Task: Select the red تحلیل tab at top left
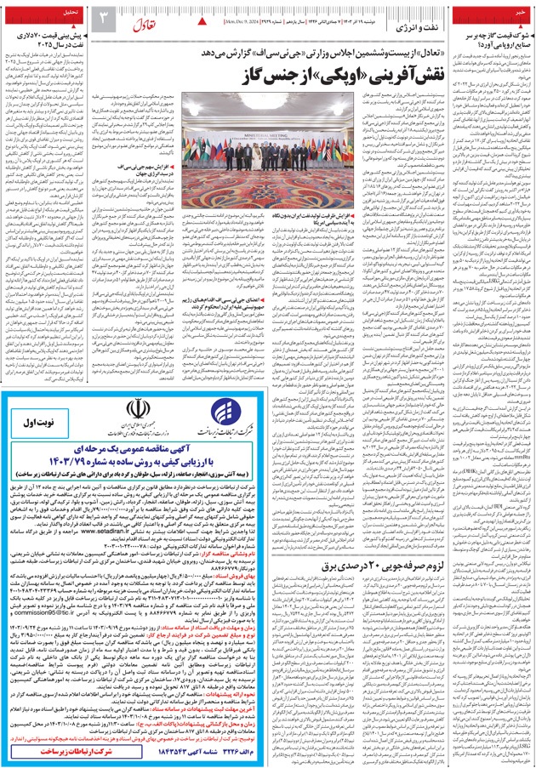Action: pyautogui.click(x=68, y=13)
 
